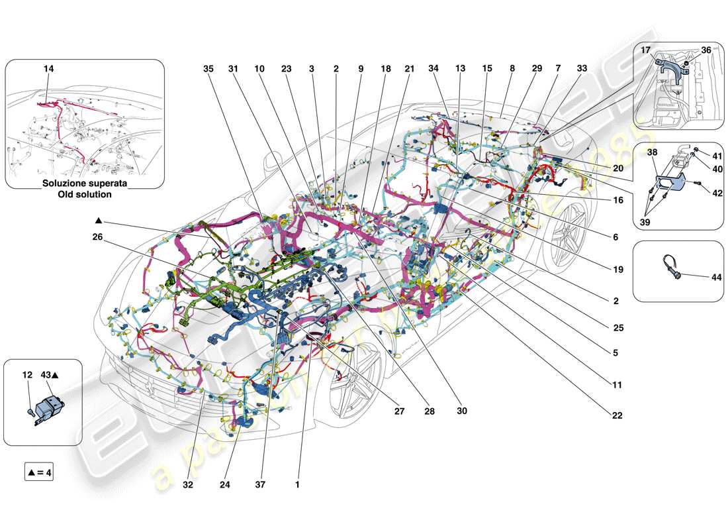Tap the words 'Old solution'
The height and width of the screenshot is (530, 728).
point(85,195)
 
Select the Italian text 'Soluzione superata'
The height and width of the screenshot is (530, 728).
point(85,184)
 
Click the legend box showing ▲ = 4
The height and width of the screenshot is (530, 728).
point(39,473)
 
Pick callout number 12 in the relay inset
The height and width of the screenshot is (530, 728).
point(27,375)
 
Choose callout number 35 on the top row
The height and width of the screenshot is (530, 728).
point(208,69)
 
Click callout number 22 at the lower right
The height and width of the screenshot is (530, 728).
point(617,415)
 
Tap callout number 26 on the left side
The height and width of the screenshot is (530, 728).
point(98,237)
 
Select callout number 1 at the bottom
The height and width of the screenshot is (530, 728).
point(297,484)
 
